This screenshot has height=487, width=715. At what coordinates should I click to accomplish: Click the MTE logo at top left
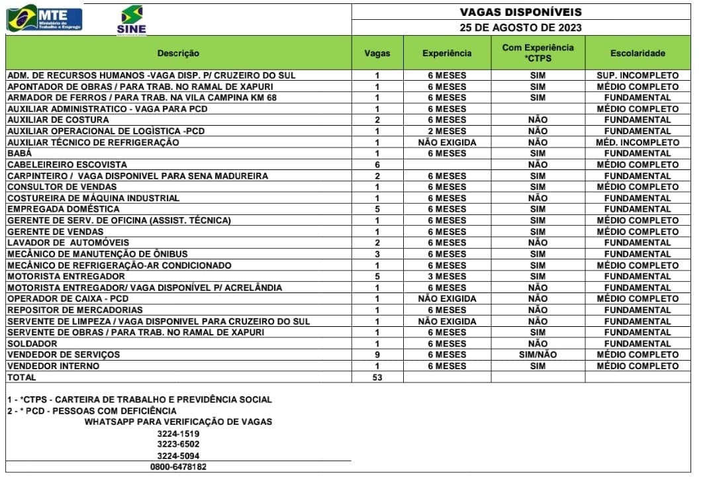(44, 17)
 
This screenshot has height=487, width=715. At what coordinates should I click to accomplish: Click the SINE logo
(131, 20)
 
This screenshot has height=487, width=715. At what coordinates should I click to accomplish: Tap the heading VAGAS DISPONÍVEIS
(520, 12)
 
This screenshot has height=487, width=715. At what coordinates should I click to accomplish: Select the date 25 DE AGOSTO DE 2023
(520, 28)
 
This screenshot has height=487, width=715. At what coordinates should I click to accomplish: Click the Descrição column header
(178, 53)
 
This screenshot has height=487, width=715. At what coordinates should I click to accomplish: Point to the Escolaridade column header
(638, 53)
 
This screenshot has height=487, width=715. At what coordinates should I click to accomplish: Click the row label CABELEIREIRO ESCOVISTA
(67, 164)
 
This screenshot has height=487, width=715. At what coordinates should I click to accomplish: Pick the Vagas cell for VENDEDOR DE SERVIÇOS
(377, 355)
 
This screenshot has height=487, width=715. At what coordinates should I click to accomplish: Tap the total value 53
(377, 377)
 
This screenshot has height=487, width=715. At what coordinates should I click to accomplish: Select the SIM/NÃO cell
(538, 355)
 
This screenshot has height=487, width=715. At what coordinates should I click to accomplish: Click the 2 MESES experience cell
(447, 131)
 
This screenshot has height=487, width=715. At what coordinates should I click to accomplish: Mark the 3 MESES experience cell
(447, 276)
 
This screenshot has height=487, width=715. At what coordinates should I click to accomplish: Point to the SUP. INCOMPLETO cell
(638, 75)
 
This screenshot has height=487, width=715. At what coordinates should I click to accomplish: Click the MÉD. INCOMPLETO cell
(638, 142)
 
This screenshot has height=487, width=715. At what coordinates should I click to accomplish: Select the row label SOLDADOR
(32, 343)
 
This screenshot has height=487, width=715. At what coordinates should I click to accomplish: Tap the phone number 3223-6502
(178, 444)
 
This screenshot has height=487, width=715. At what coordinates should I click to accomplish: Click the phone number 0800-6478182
(178, 466)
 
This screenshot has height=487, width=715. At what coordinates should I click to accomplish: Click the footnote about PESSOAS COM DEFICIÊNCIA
(92, 411)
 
